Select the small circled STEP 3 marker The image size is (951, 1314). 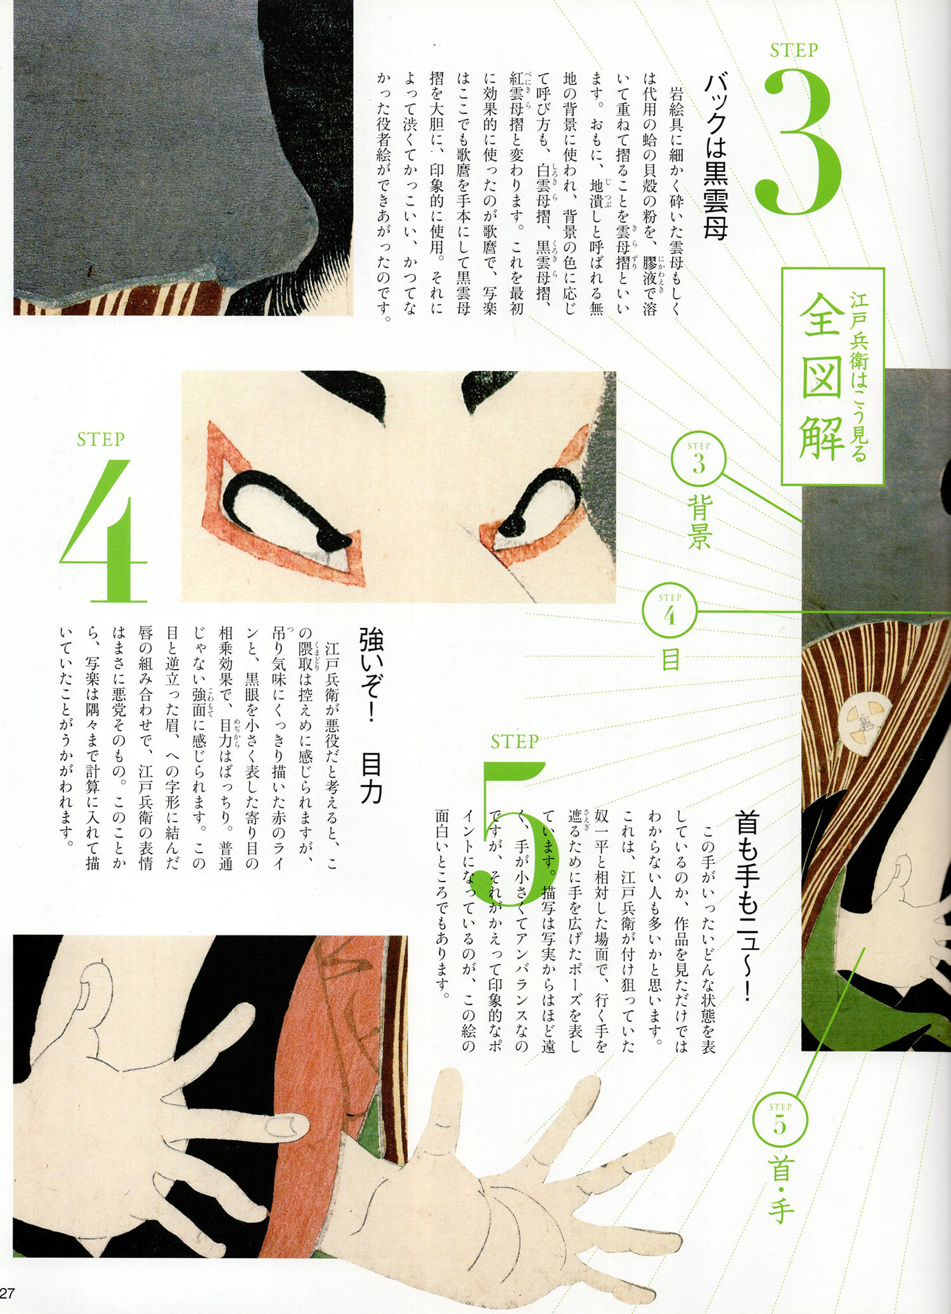tap(699, 460)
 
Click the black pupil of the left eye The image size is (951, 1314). tap(335, 540)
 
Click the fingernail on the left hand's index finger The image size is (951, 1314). tap(288, 1126)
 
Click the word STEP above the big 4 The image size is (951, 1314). tap(101, 439)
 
